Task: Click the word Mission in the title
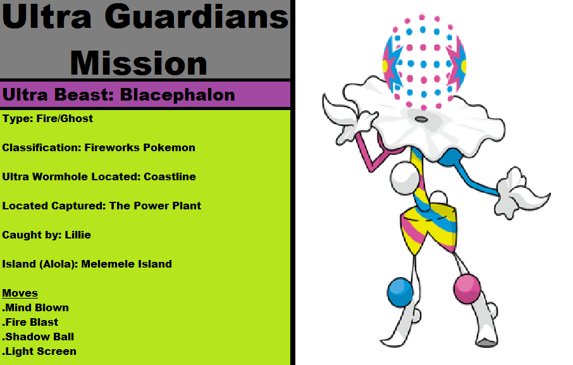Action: click(139, 63)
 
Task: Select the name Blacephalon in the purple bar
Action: click(177, 95)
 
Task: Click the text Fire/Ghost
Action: click(65, 119)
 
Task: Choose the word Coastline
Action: click(170, 177)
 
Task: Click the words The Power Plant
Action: click(156, 206)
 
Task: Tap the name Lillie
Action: click(78, 235)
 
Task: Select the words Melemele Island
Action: click(126, 264)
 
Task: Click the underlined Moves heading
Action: click(20, 293)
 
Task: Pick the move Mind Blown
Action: click(37, 307)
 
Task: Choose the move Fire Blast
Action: click(32, 322)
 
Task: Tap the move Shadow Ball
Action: click(39, 337)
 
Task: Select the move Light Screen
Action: click(40, 352)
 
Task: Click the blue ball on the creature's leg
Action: click(400, 292)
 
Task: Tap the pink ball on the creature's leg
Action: click(467, 289)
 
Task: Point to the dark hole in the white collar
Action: click(421, 119)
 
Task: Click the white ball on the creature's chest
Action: click(405, 178)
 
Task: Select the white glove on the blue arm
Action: click(521, 194)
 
